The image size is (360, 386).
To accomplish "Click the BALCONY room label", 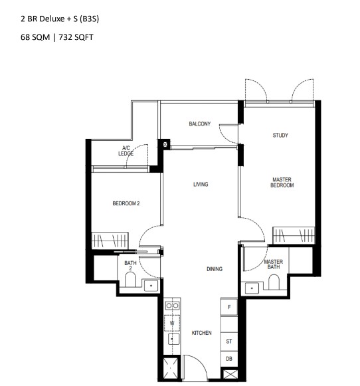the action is (199, 124).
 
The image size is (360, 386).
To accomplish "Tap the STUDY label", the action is (280, 135).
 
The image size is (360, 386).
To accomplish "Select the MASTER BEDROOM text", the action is (282, 183).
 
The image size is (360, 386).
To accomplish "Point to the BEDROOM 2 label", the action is (126, 203).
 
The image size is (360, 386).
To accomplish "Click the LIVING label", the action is (201, 184).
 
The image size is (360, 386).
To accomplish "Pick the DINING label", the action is (215, 269).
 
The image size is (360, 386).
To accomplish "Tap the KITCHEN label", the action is (201, 333).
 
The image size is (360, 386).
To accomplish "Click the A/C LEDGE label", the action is (126, 151).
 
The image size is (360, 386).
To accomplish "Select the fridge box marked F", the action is (229, 307).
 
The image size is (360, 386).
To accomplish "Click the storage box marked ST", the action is (229, 341).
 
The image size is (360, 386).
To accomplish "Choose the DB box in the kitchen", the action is (229, 359).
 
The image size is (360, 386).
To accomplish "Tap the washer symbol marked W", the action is (172, 323).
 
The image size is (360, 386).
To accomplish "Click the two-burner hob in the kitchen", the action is (172, 306).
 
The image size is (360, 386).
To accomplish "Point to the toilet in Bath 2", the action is (130, 280).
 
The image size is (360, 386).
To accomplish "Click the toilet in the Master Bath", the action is (274, 282).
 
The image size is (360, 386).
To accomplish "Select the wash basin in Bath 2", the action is (151, 286).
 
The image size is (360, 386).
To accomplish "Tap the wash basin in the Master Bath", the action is (252, 288).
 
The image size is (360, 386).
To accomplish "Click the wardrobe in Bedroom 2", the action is (110, 241).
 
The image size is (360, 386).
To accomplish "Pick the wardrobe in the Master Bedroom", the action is (294, 235).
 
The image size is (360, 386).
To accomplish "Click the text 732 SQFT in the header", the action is (76, 37).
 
